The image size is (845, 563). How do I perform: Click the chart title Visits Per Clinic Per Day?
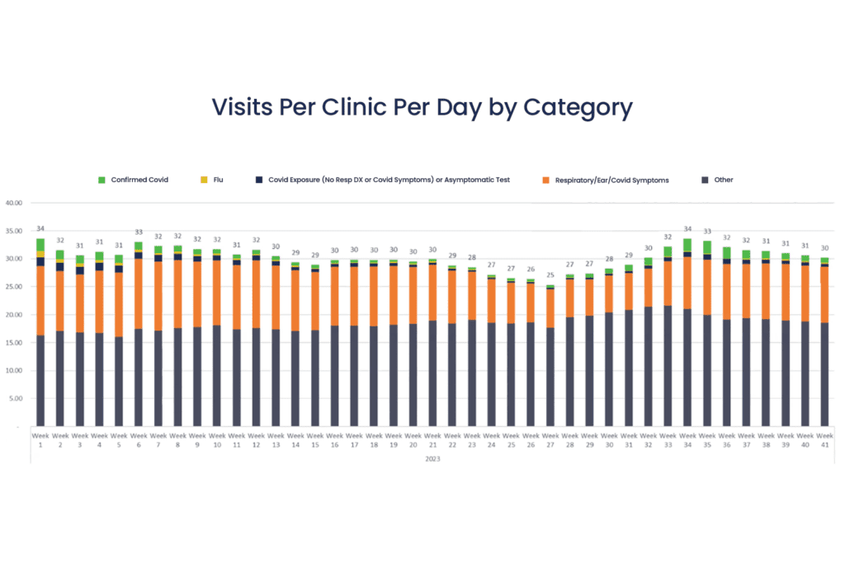pos(422,107)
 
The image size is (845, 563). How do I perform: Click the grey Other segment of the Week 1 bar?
pos(40,379)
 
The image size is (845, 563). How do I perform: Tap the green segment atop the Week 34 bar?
pos(687,245)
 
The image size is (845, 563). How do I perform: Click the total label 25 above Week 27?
pos(550,275)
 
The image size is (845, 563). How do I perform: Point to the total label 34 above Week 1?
pos(40,228)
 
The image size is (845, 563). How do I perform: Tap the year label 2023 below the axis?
pos(432,458)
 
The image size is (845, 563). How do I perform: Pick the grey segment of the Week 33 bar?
pos(668,367)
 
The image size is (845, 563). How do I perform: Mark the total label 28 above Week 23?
pos(472,258)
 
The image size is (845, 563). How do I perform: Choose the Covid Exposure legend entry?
pos(388,180)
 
